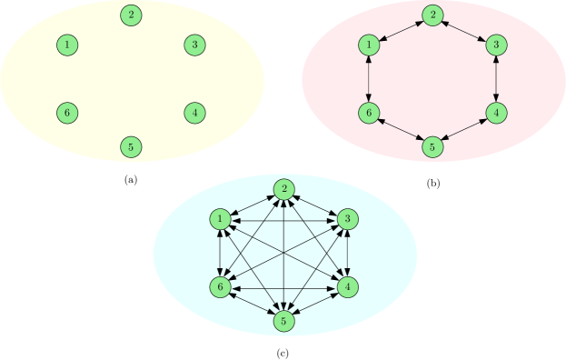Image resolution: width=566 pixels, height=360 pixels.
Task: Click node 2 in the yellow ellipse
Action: point(132,15)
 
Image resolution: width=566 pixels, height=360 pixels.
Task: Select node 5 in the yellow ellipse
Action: point(132,145)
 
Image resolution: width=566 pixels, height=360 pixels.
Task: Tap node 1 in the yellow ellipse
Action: point(66,45)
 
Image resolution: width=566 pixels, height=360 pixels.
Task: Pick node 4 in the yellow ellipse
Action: point(194,113)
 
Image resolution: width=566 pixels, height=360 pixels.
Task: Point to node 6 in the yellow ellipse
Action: point(66,113)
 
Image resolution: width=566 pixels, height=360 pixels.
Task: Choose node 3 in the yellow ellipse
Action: point(194,45)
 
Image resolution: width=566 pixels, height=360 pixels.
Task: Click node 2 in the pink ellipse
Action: point(433,15)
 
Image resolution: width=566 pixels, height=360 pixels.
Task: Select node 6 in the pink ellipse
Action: point(369,113)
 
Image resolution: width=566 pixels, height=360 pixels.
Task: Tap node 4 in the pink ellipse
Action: point(495,113)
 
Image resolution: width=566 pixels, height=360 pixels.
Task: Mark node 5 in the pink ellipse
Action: point(433,145)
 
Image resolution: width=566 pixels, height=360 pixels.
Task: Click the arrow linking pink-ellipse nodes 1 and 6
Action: point(369,78)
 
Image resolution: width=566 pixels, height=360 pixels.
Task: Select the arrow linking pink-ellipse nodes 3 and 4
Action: point(495,78)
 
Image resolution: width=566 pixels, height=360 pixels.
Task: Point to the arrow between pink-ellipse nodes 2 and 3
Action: point(464,29)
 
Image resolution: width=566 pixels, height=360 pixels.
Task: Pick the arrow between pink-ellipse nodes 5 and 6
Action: point(401,129)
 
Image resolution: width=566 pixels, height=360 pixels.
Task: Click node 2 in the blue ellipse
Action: point(284,189)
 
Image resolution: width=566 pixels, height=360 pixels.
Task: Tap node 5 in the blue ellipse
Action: point(284,320)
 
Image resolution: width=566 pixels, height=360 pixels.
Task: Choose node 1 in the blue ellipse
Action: point(220,219)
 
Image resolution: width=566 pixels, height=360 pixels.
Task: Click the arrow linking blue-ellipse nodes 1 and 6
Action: point(220,253)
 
